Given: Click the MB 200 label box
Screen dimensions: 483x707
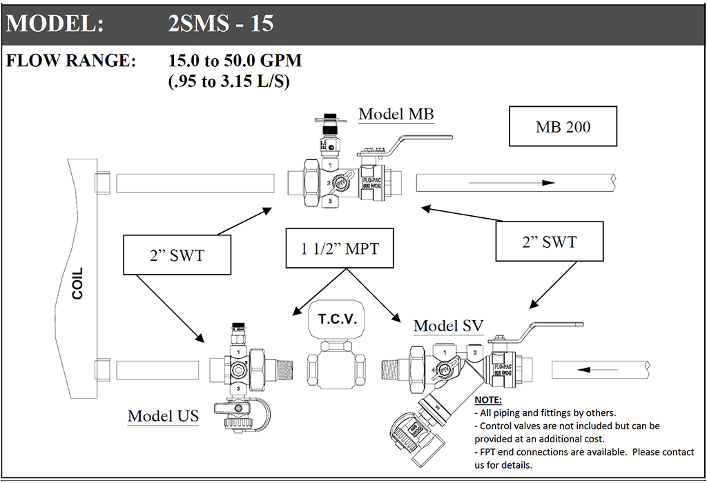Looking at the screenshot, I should [563, 126].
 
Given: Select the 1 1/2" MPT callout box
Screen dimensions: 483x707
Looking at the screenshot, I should [340, 248].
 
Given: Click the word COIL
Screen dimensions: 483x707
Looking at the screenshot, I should [77, 283].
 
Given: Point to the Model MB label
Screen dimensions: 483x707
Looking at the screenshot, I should [396, 114].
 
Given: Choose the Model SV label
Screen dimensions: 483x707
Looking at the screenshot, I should [448, 325].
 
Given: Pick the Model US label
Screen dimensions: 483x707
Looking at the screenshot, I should [163, 415].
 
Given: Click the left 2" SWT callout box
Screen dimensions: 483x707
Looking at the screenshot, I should [167, 255].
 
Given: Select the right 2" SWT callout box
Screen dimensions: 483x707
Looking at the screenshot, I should [549, 241].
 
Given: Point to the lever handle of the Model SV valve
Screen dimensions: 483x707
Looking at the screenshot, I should [552, 326].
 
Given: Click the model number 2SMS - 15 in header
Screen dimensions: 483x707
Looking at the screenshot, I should [221, 23].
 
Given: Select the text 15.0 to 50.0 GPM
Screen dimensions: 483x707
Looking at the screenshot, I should [235, 61].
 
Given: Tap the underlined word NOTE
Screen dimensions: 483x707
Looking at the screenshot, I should [488, 400].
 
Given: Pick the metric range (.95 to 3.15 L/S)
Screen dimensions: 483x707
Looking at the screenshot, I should [229, 81].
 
